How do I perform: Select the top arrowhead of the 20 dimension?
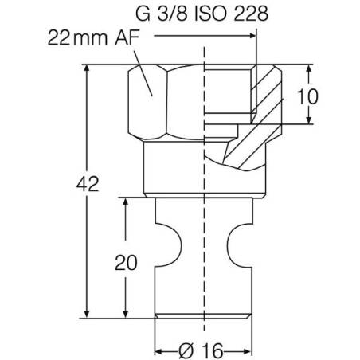point(125,202)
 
